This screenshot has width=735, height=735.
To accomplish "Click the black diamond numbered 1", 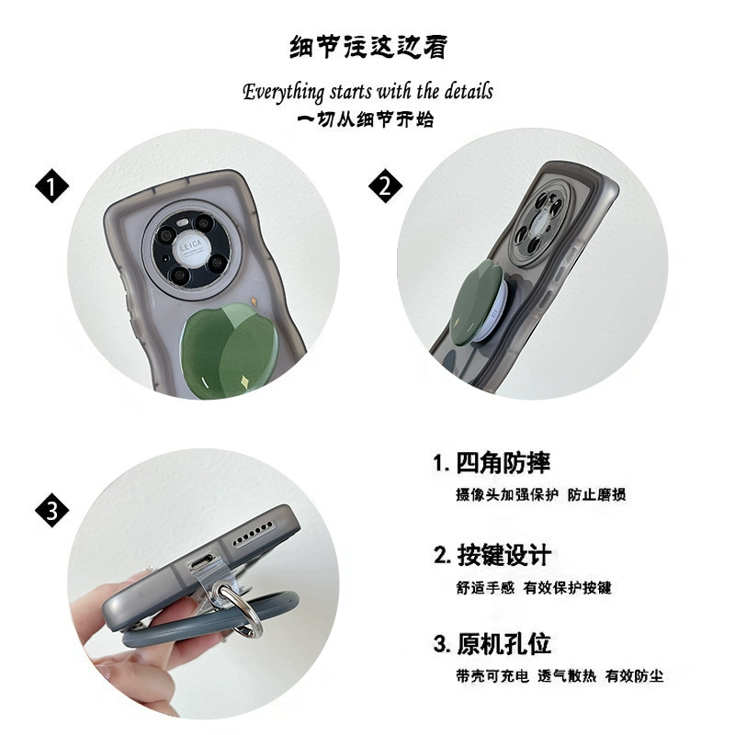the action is coord(52,187).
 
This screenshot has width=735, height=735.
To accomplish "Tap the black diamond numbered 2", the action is coord(385,187).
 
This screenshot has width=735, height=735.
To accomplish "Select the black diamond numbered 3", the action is coord(52,510).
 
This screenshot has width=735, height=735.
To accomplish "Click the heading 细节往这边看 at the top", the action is coord(368,48).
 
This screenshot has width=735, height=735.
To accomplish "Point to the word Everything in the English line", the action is coord(284,92).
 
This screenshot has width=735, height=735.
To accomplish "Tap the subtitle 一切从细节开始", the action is coord(366,119).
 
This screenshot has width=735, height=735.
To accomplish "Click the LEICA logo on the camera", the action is coord(191,244).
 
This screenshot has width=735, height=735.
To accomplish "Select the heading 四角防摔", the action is coord(503,463).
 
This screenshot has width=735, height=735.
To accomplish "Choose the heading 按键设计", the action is coord(503,556).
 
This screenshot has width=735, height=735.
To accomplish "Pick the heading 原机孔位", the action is coord(503,644).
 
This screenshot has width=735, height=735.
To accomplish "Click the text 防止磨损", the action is coord(596,494).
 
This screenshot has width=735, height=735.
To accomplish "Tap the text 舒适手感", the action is coord(485,587).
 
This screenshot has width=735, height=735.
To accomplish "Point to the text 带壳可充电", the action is coord(492,676).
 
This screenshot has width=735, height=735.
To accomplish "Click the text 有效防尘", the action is coord(634,676).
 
